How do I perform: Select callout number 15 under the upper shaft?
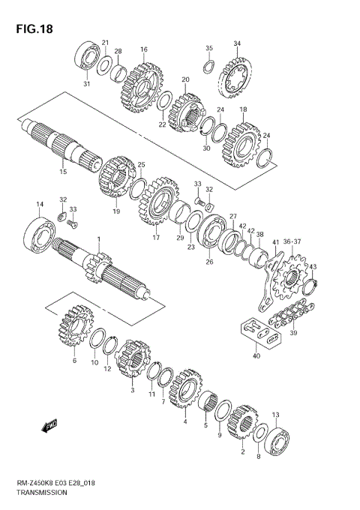pos(63,172)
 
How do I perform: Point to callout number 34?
pos(237,43)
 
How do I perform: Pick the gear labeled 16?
pos(142,88)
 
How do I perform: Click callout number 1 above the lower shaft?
pos(97,240)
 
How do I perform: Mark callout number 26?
pos(209,262)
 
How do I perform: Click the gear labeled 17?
pos(157,202)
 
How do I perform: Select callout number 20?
pos(184,79)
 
